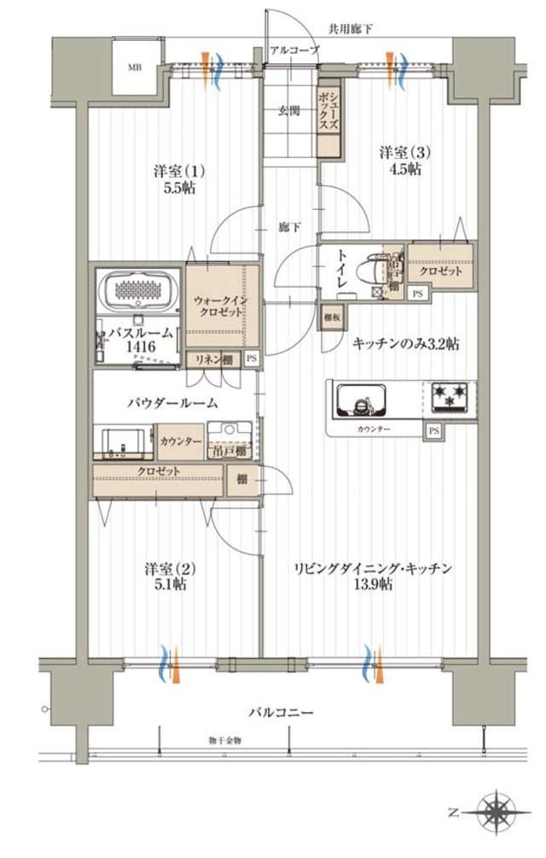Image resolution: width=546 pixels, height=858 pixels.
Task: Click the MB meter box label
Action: click(x=135, y=67)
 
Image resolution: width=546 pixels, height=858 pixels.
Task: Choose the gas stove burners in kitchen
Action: click(x=449, y=395)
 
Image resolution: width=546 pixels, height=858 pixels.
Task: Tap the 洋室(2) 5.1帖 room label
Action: click(x=165, y=576)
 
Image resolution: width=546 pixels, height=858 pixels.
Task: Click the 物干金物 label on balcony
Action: click(x=224, y=740)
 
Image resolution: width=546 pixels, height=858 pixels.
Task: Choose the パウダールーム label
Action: click(x=172, y=402)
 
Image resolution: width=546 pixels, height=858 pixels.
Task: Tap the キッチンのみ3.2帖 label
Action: click(x=406, y=344)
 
